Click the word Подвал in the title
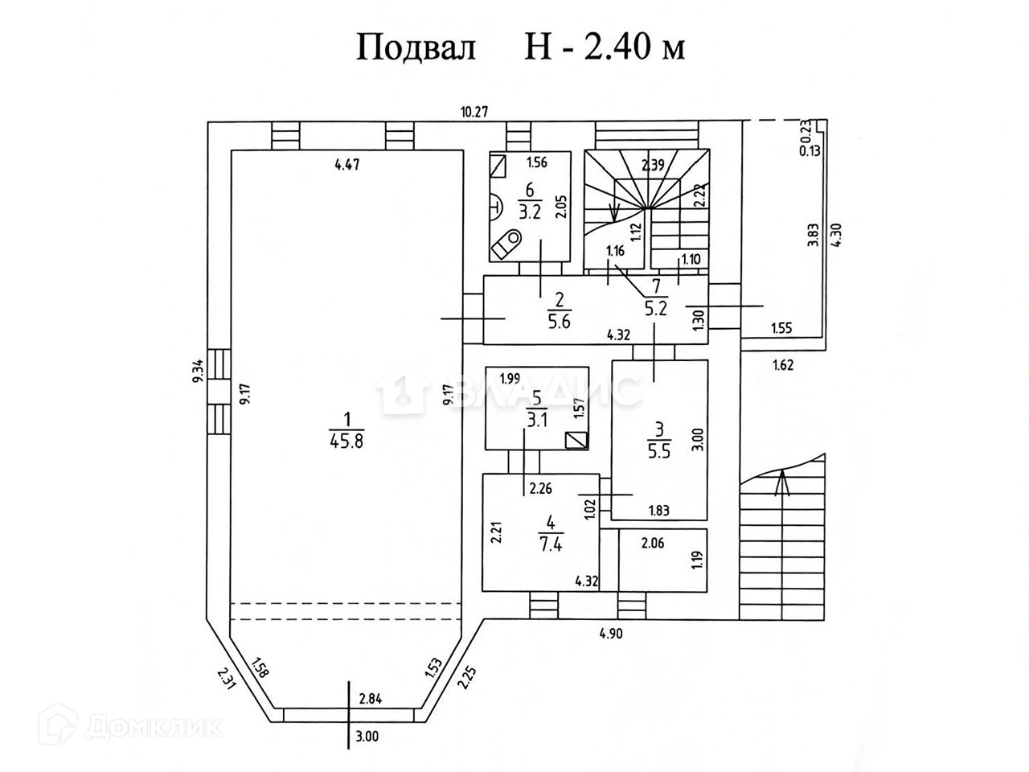click(416, 47)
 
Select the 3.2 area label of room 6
click(529, 213)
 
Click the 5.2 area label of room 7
click(657, 306)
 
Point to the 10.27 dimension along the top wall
click(474, 111)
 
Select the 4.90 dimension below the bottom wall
click(612, 633)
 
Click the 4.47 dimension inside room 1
click(346, 166)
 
